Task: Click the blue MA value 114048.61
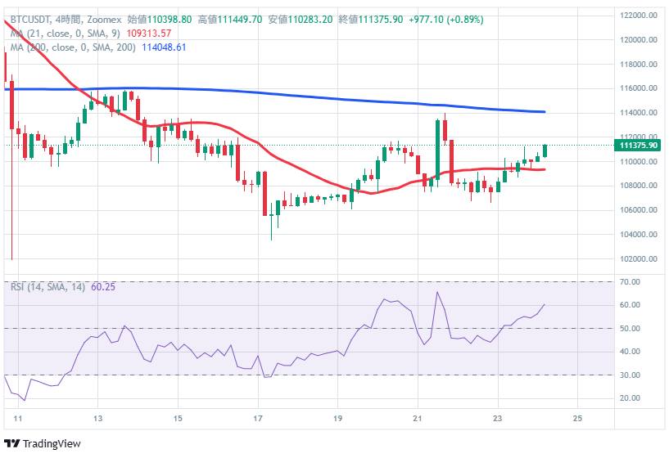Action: tap(164, 47)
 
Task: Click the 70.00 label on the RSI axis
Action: tap(629, 281)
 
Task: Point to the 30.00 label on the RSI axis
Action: tap(629, 375)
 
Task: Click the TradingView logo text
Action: tap(52, 443)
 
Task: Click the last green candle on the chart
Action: tap(545, 150)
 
